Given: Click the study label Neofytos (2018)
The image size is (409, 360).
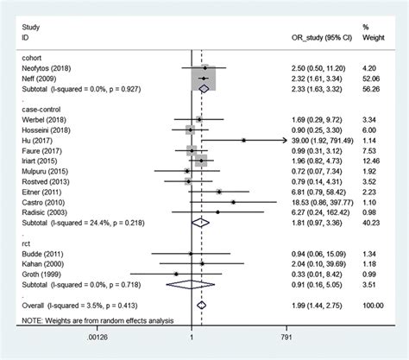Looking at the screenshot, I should [x=46, y=66].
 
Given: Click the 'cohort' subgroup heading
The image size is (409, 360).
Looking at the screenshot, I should [x=31, y=57].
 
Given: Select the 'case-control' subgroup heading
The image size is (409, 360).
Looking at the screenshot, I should [x=40, y=111].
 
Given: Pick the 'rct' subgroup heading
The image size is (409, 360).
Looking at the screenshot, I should [x=26, y=245].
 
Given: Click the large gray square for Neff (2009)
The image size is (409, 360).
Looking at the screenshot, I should [x=203, y=77].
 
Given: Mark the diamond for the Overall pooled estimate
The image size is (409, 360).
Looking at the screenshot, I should [x=201, y=304].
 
